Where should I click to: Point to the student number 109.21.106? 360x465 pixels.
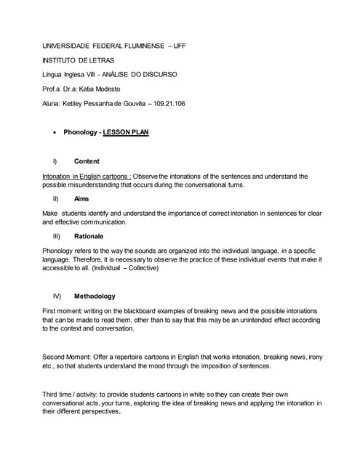165,103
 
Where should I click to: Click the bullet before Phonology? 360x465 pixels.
56,133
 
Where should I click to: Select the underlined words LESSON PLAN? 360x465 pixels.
126,133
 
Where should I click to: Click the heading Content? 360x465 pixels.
87,161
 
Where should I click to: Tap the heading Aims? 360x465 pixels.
82,198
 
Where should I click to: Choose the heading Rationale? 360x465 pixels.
89,236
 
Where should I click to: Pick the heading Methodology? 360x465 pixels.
95,296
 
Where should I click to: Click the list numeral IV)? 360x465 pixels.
57,296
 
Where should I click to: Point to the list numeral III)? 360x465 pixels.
57,236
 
